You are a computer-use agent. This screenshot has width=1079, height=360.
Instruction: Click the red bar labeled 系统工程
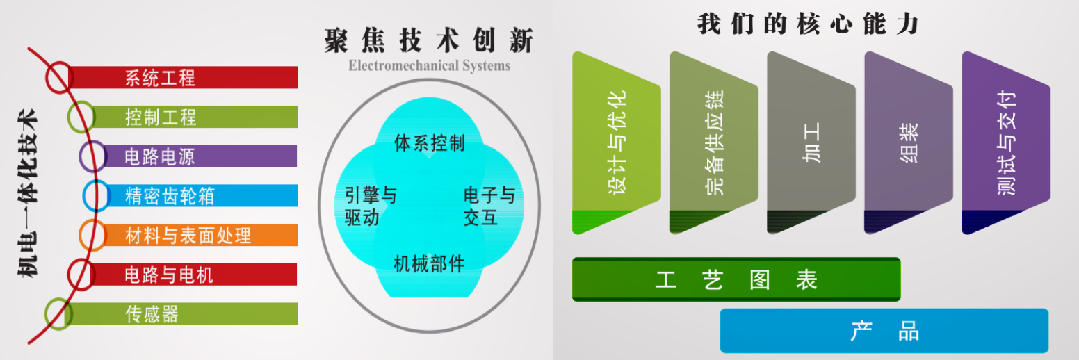pyautogui.click(x=183, y=77)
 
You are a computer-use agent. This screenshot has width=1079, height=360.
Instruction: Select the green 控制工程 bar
pyautogui.click(x=193, y=117)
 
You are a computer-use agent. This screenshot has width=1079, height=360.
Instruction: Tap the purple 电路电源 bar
pyautogui.click(x=198, y=156)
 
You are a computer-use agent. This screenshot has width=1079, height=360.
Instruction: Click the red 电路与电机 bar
pyautogui.click(x=193, y=275)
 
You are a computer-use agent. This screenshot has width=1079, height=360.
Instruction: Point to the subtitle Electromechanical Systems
pyautogui.click(x=429, y=65)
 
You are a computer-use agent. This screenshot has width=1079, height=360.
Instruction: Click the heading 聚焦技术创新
pyautogui.click(x=429, y=40)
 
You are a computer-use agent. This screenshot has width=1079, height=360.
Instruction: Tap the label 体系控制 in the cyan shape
pyautogui.click(x=429, y=143)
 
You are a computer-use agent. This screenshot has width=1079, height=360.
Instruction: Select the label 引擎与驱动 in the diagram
pyautogui.click(x=371, y=206)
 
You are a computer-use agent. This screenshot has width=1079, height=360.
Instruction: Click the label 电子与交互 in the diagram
pyautogui.click(x=489, y=206)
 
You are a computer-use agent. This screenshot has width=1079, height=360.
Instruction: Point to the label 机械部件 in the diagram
pyautogui.click(x=429, y=263)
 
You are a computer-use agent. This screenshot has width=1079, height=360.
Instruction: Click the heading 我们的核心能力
pyautogui.click(x=808, y=24)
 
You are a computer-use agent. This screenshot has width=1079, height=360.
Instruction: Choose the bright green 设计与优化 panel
pyautogui.click(x=617, y=143)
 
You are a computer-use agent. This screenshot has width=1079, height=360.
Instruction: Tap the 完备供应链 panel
pyautogui.click(x=714, y=143)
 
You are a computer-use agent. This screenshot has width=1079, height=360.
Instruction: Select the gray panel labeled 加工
pyautogui.click(x=811, y=143)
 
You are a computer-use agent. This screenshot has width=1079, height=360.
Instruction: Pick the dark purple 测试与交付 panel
pyautogui.click(x=1006, y=143)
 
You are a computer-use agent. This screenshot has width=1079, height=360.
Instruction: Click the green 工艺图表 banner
pyautogui.click(x=736, y=279)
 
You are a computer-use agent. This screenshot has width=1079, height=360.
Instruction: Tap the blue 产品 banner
pyautogui.click(x=884, y=331)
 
